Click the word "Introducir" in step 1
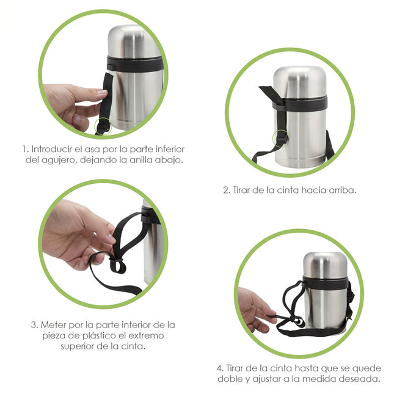point(51,148)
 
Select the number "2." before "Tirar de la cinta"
point(226,190)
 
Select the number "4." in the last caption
point(221,368)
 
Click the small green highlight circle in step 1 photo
point(103,126)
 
